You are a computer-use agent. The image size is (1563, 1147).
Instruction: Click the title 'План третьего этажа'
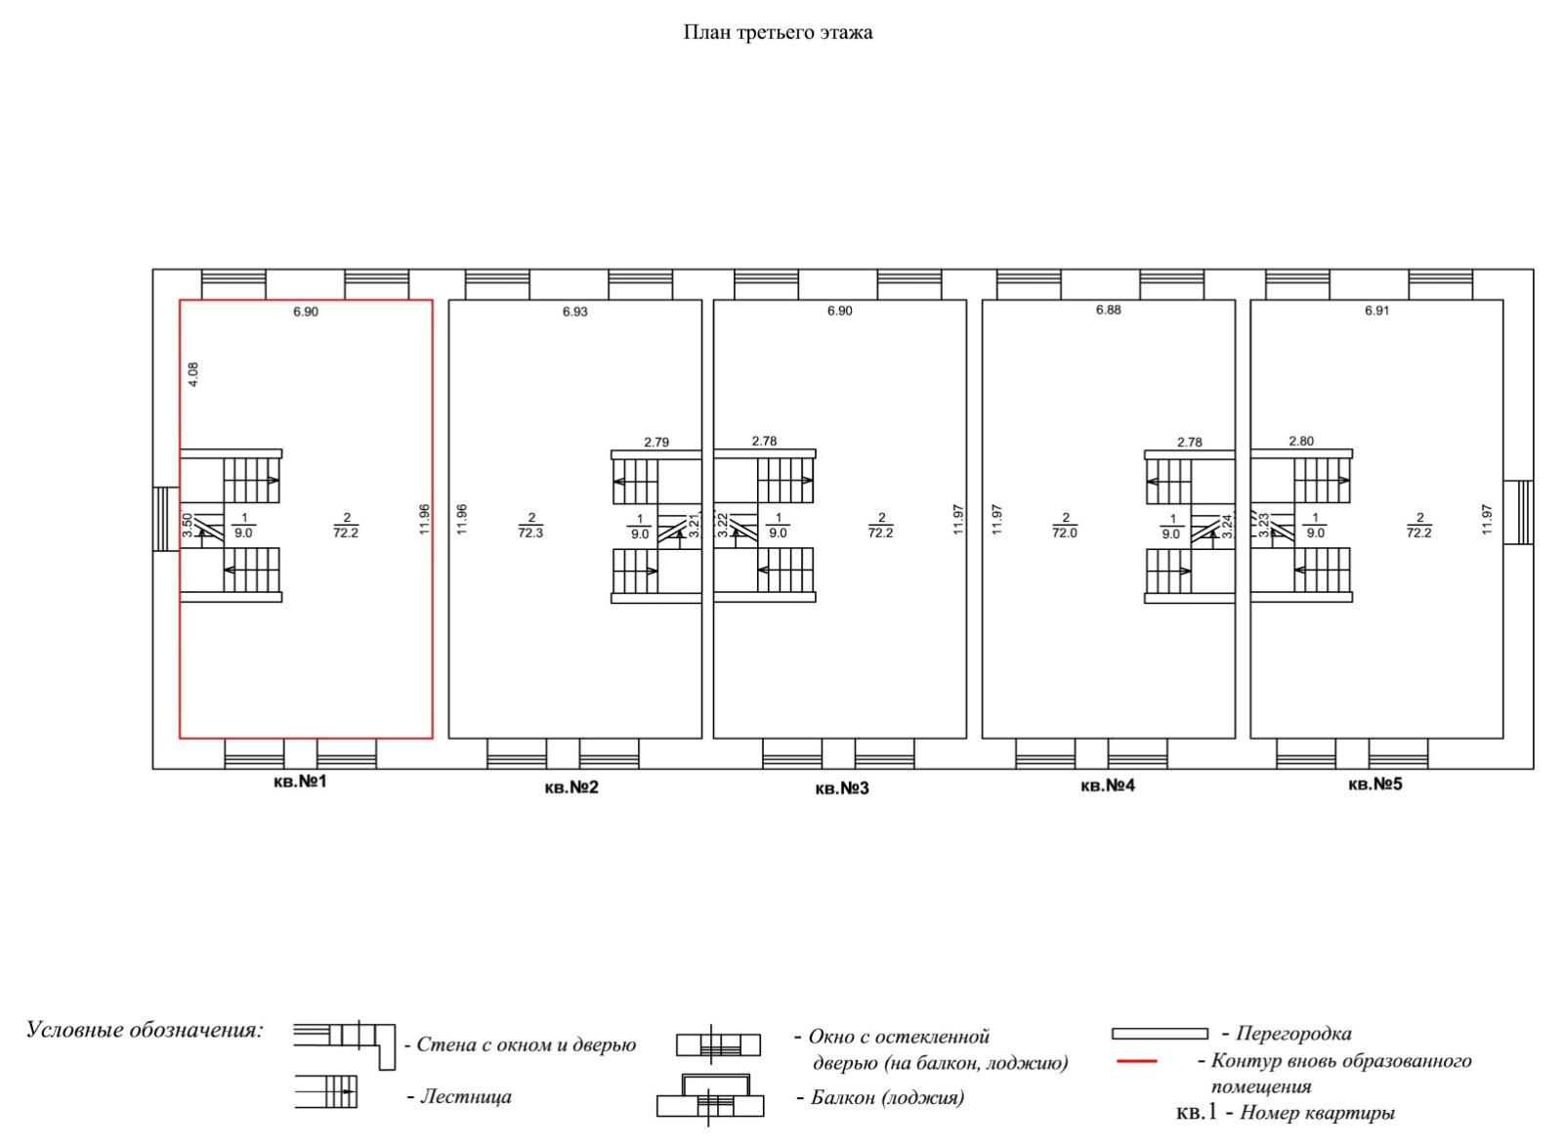[x=778, y=32]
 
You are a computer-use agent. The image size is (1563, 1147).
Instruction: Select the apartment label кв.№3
[x=841, y=787]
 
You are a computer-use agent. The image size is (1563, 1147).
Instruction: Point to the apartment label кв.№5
[x=1374, y=784]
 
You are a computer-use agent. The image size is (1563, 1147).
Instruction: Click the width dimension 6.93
[x=575, y=312]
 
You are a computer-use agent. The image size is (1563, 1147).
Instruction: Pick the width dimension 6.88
[x=1109, y=310]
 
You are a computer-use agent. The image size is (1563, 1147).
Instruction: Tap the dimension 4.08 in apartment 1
[x=193, y=375]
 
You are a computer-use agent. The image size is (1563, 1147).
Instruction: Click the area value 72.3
[x=530, y=532]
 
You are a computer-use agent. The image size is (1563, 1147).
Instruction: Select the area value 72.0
[x=1065, y=532]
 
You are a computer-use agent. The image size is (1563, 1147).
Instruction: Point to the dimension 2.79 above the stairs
[x=656, y=443]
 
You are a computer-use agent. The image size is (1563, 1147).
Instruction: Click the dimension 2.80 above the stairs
[x=1301, y=441]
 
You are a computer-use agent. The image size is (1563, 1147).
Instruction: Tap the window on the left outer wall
[x=166, y=519]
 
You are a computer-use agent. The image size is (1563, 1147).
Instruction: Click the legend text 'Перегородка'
[x=1293, y=1033]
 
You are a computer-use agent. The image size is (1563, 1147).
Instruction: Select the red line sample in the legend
[x=1135, y=1061]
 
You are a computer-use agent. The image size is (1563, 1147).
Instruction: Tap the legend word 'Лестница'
[x=465, y=1096]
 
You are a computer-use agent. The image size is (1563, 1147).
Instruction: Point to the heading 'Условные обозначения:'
[x=145, y=1030]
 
